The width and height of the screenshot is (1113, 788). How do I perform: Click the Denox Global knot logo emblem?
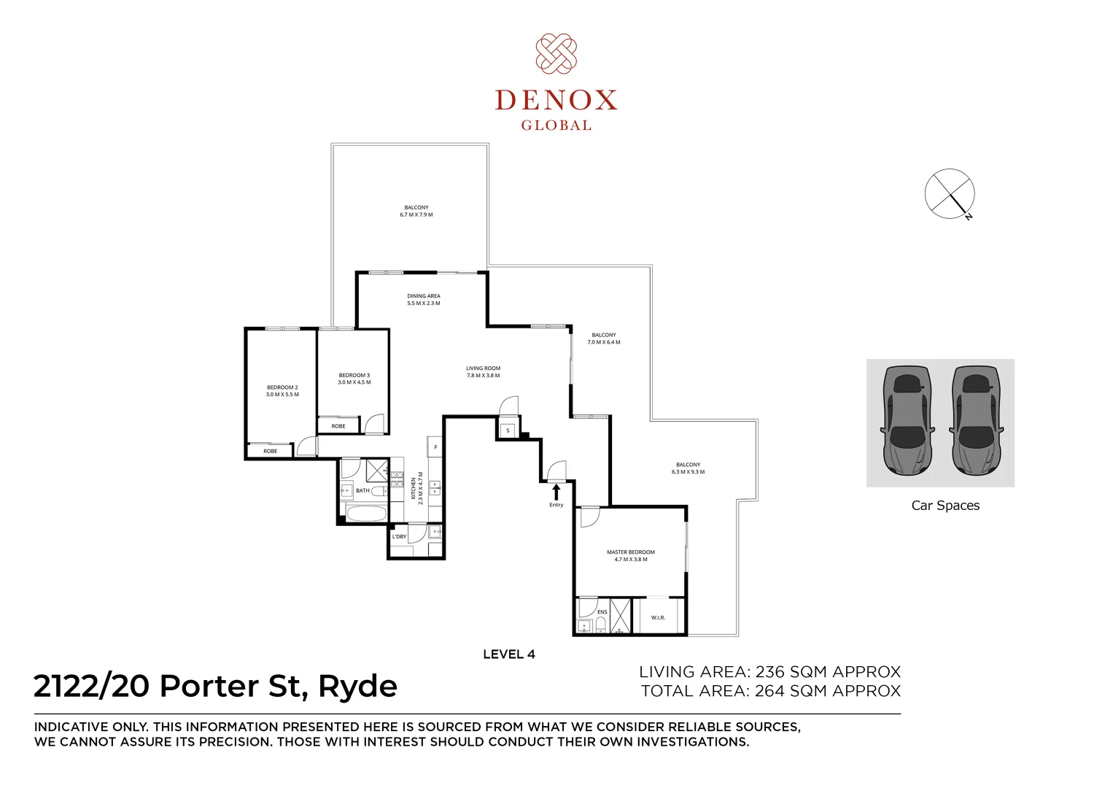556,53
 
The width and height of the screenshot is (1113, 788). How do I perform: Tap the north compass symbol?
950,194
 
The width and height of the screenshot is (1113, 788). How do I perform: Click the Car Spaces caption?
945,506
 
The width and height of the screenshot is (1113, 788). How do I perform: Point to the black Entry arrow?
556,492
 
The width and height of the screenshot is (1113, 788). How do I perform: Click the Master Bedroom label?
631,555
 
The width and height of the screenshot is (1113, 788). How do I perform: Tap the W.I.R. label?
658,617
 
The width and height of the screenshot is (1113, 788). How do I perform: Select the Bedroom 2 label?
282,391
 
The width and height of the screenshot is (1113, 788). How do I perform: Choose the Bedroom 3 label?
354,379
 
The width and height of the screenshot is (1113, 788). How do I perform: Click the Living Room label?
484,371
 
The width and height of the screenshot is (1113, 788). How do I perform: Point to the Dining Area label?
424,299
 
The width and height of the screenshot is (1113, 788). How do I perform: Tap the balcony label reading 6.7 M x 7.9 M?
416,211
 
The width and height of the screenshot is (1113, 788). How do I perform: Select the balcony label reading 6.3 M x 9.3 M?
688,468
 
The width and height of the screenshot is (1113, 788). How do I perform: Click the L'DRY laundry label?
399,536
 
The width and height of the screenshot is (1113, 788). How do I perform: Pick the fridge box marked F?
435,447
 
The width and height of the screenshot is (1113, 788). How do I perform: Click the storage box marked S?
508,430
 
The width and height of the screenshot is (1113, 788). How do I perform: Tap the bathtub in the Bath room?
365,514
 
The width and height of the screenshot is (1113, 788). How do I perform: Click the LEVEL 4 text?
509,654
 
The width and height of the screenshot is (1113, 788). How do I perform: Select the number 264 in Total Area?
770,691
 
